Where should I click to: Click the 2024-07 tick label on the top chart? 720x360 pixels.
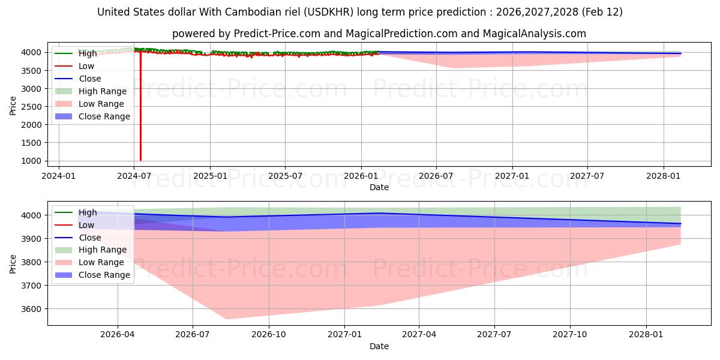(x=134, y=176)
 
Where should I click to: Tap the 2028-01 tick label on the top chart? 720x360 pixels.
(x=664, y=176)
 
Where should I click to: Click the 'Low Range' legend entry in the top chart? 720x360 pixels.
(x=101, y=104)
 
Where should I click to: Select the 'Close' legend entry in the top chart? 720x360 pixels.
(x=90, y=79)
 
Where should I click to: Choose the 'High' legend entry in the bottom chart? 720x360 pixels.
(x=88, y=212)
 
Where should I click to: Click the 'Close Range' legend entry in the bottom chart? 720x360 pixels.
(x=104, y=275)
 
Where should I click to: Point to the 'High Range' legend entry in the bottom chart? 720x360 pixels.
(x=103, y=250)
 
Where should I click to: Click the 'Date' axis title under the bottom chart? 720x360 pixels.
(x=379, y=346)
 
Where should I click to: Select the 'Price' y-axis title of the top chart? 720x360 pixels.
(x=13, y=106)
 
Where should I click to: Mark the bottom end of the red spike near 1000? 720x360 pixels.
(x=140, y=160)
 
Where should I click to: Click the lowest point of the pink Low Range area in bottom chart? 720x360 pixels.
(x=227, y=319)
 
